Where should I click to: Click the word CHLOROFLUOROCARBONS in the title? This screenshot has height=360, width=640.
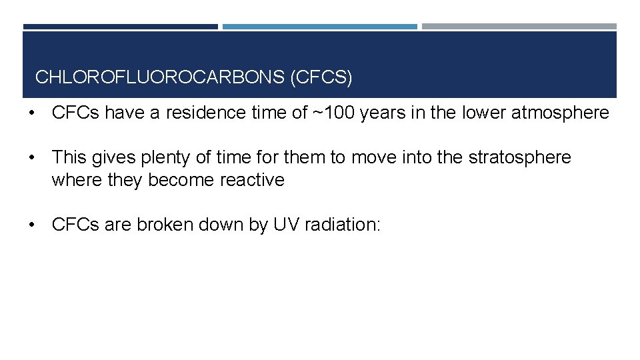160,77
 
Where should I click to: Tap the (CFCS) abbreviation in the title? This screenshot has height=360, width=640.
321,77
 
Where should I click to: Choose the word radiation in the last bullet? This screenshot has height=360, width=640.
342,225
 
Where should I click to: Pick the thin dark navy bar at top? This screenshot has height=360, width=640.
121,27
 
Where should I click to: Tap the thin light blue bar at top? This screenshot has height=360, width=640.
320,27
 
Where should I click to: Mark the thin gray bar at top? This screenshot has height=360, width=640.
519,27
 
